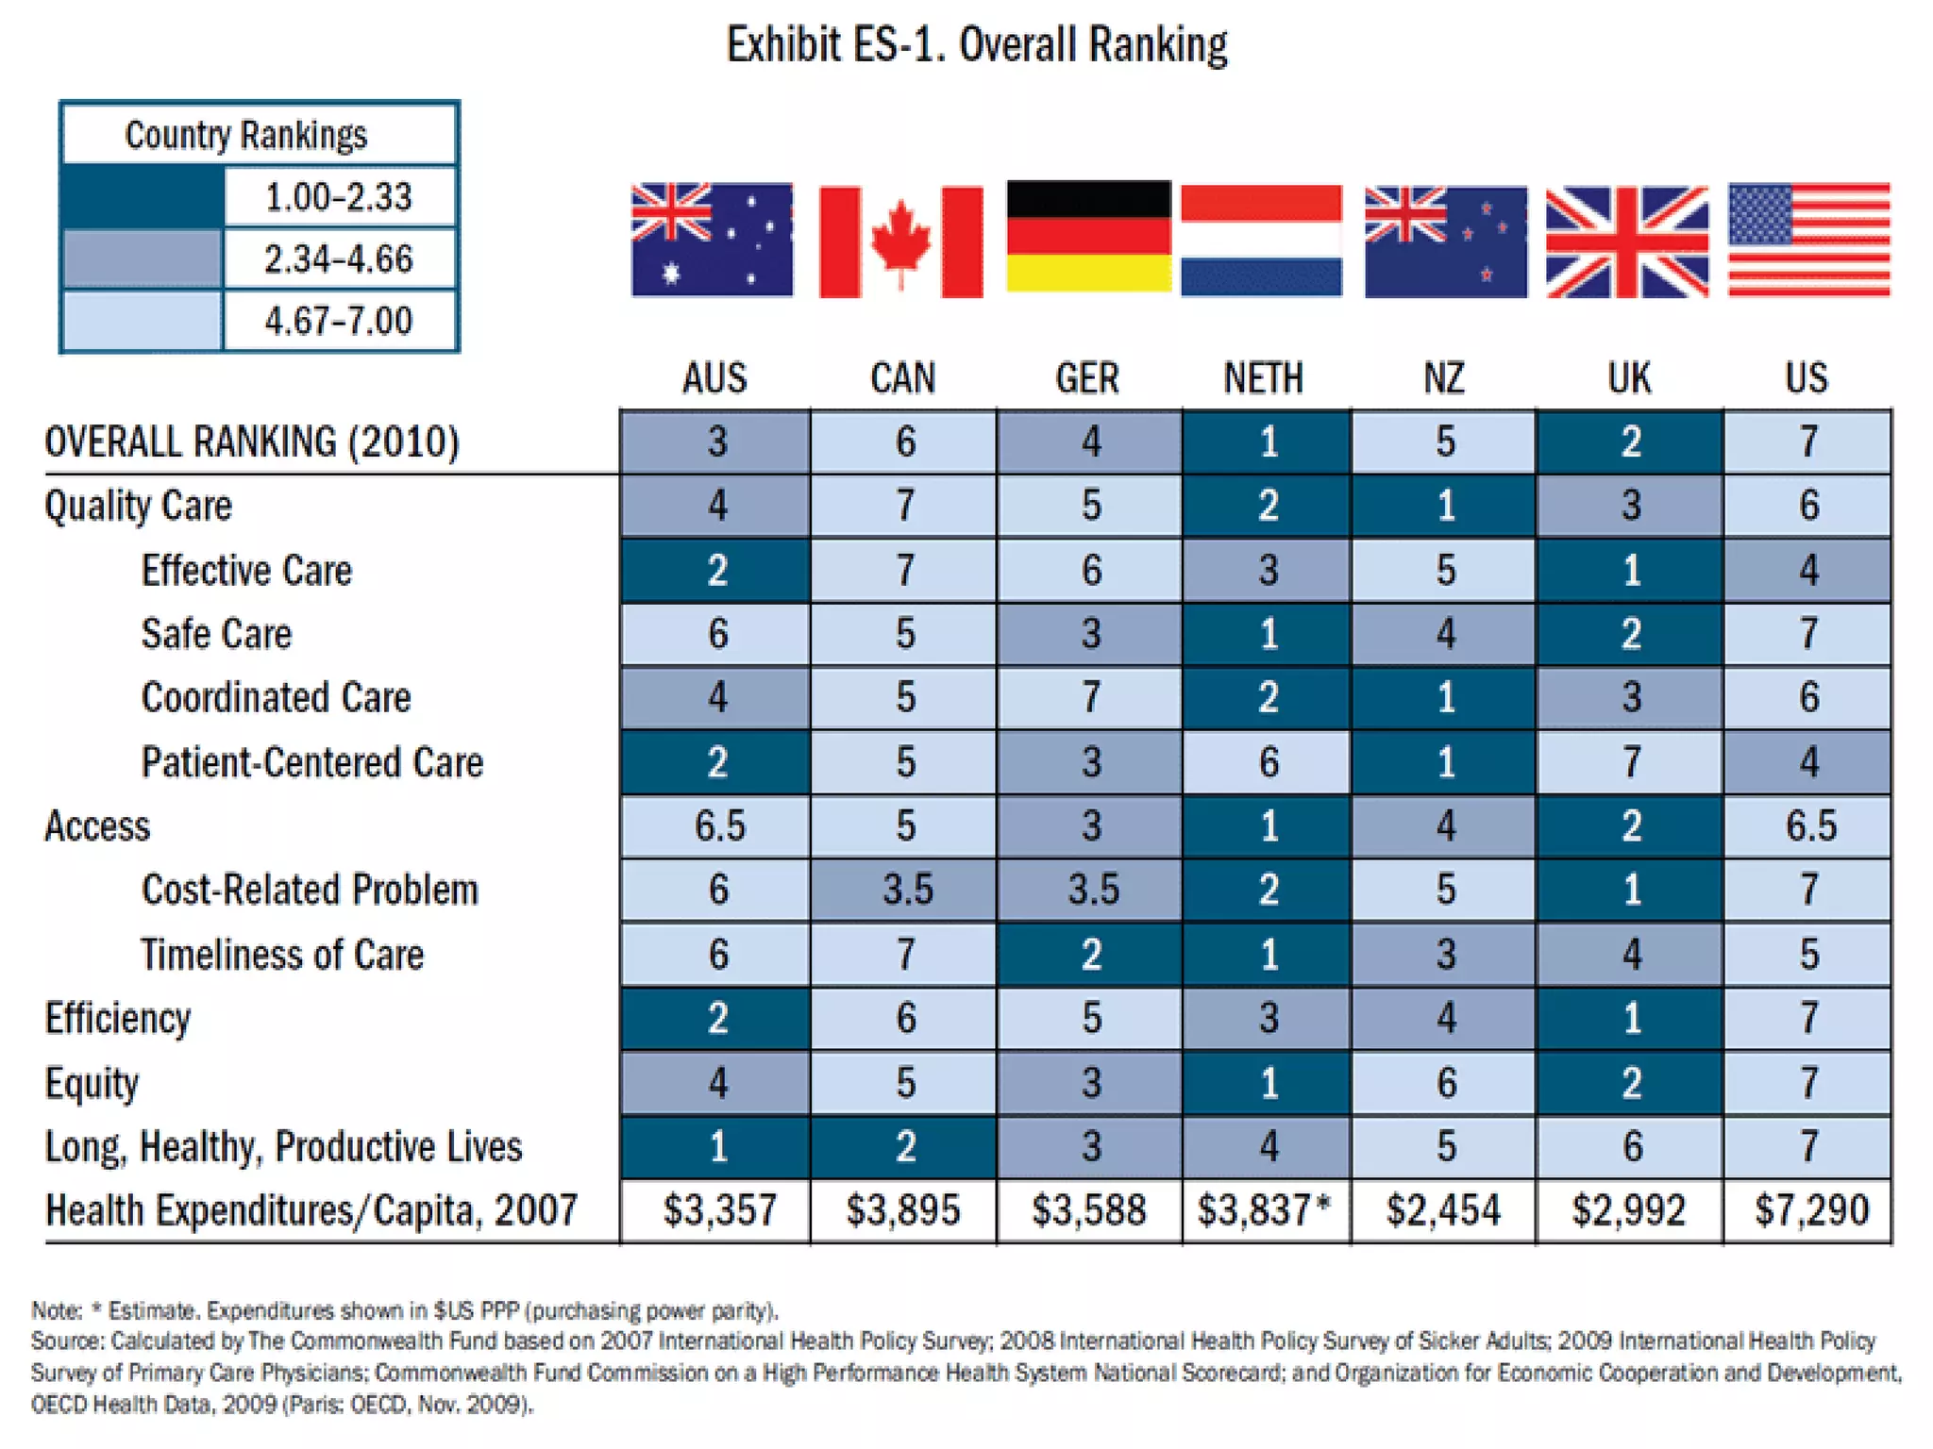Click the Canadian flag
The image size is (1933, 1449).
point(900,241)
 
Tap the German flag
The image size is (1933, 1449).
point(1088,237)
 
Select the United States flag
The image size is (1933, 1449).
point(1808,240)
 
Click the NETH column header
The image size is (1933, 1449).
point(1263,378)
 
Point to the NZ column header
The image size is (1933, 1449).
point(1444,378)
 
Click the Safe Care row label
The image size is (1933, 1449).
point(216,634)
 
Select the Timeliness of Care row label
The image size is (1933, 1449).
point(282,955)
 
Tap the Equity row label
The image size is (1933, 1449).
point(92,1083)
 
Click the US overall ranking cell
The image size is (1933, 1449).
point(1807,441)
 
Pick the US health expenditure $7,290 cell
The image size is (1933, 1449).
point(1810,1210)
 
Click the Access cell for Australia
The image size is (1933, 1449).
point(717,826)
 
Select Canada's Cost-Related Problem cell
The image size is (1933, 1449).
point(904,890)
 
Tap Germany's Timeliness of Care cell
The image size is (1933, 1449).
point(1090,955)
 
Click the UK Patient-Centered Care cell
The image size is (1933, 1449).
point(1630,762)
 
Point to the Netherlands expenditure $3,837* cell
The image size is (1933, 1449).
point(1265,1210)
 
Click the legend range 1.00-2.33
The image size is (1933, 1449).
point(338,197)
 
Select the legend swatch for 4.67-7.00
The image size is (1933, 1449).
point(143,321)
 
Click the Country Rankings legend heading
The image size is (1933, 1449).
point(245,135)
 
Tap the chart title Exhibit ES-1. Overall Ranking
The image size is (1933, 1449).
point(976,44)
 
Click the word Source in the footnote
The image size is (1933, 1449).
point(66,1341)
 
